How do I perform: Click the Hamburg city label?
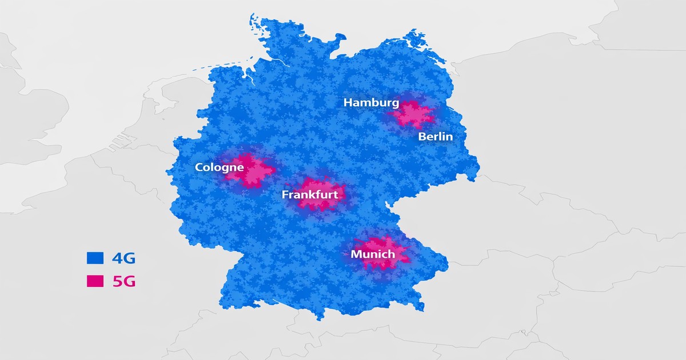pos(371,103)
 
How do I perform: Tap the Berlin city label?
pos(435,137)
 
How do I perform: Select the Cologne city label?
pos(219,168)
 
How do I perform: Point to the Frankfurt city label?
pos(310,195)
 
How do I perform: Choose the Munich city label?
pos(373,254)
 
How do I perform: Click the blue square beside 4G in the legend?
pos(95,258)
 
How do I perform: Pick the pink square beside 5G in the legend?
pos(95,281)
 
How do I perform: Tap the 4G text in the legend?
pos(123,258)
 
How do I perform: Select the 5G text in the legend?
pos(123,281)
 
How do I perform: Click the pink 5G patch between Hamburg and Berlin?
pos(413,114)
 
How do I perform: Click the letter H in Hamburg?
pos(348,103)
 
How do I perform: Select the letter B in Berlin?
pos(422,137)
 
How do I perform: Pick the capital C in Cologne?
pos(199,168)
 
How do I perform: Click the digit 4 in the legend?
pos(118,258)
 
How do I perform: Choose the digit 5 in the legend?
pos(118,281)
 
